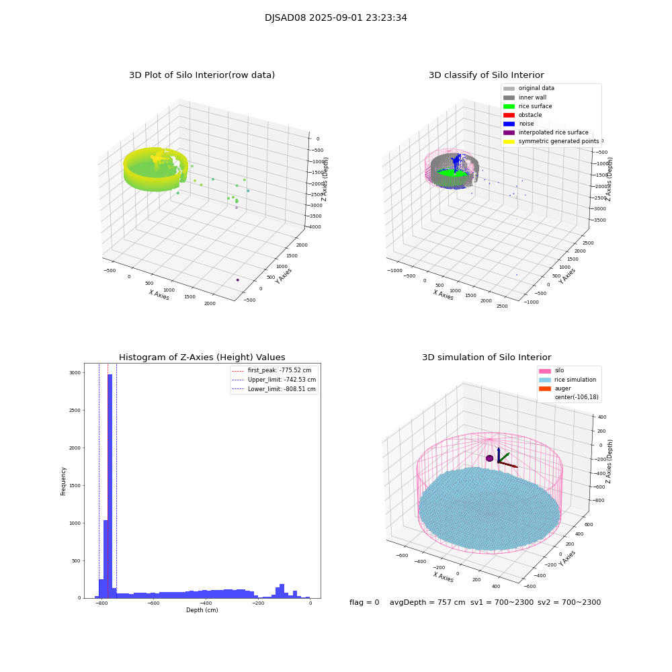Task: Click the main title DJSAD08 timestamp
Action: [x=336, y=18]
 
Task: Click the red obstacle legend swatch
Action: [x=509, y=115]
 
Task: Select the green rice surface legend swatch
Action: [x=509, y=106]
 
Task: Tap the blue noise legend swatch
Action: [x=509, y=124]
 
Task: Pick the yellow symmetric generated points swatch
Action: [x=509, y=141]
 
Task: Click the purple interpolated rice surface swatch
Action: [x=509, y=132]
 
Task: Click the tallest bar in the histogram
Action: [x=110, y=484]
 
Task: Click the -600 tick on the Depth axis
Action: [x=153, y=603]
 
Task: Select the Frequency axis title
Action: [x=64, y=481]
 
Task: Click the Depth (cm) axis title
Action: [x=202, y=610]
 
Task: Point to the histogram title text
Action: [x=202, y=358]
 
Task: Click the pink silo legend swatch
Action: [x=544, y=371]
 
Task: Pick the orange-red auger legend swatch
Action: [x=544, y=388]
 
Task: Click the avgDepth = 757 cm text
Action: [x=427, y=603]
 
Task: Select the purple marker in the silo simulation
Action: [x=489, y=458]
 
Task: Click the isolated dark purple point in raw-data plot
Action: [x=237, y=280]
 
